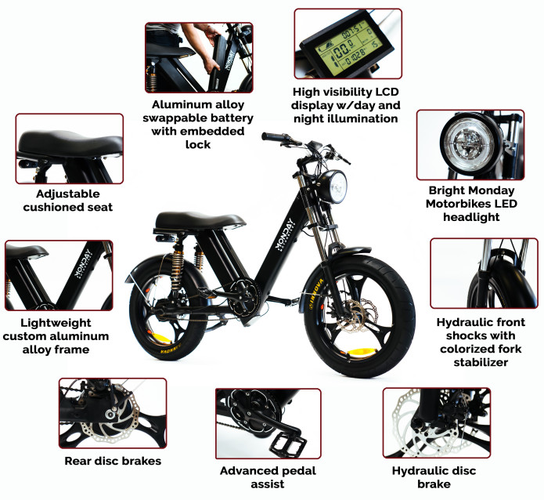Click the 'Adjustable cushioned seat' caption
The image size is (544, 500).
coord(67,200)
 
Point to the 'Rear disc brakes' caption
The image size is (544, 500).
coord(113,461)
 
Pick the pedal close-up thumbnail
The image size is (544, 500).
coord(268,422)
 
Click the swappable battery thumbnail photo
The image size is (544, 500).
coord(198,58)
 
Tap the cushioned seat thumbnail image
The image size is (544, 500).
coord(69,148)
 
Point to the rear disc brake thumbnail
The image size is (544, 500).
coord(112,413)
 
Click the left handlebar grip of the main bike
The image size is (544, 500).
coord(274,138)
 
